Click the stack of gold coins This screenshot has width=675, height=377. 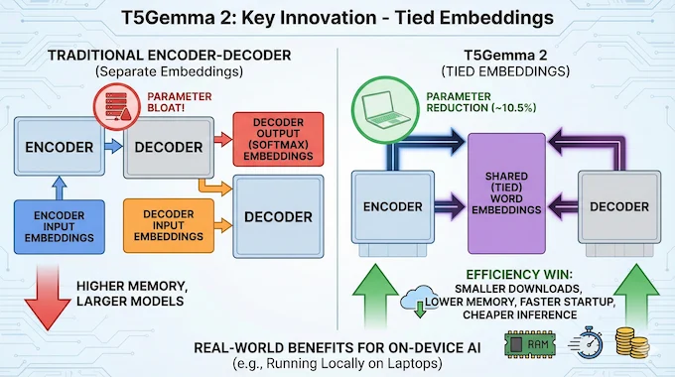(x=632, y=344)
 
